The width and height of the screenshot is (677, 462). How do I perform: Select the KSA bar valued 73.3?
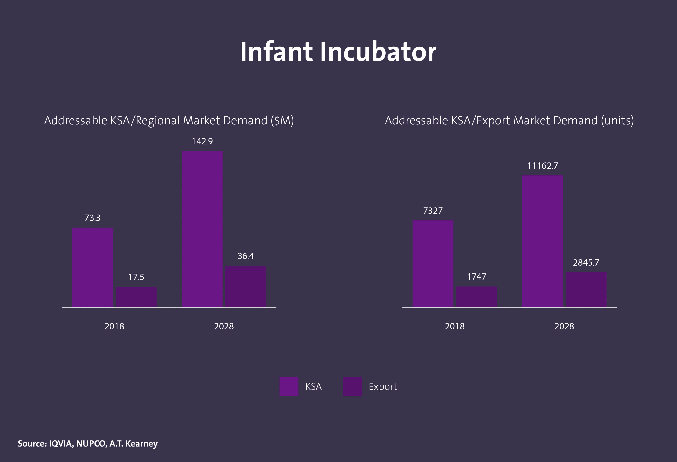click(92, 267)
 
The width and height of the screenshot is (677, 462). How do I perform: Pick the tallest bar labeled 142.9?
click(202, 229)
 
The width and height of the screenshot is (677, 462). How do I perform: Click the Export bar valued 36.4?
click(246, 286)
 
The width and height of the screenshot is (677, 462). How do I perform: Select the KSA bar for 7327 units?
click(433, 264)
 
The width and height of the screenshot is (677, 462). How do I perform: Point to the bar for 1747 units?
click(476, 297)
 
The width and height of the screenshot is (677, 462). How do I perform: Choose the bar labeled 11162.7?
click(542, 241)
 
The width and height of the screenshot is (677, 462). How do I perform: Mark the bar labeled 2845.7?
click(586, 289)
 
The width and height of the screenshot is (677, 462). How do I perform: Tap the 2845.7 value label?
click(586, 263)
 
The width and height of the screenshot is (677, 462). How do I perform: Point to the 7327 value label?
click(433, 211)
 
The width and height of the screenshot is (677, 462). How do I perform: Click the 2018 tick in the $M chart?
click(114, 326)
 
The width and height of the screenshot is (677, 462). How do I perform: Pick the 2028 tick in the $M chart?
click(224, 326)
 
